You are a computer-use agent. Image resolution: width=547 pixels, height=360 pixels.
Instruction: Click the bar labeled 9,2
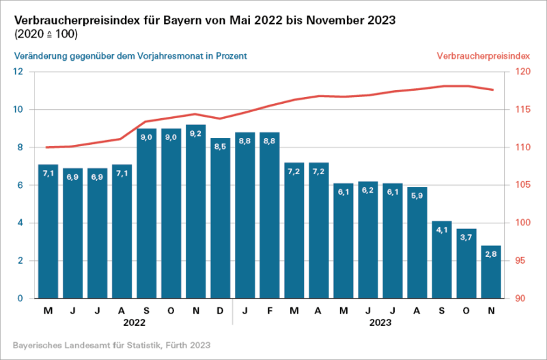195,212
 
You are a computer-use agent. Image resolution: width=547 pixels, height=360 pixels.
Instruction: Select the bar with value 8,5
220,219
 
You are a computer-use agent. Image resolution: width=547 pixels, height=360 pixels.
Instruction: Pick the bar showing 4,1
441,260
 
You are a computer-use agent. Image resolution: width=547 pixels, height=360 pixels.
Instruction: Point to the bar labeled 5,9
417,243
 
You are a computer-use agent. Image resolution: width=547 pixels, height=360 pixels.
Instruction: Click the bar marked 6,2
367,240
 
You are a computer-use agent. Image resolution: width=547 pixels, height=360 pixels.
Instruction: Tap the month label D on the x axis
220,311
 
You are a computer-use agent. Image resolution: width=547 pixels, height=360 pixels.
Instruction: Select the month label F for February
269,311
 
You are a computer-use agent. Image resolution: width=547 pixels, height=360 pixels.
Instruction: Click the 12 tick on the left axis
18,72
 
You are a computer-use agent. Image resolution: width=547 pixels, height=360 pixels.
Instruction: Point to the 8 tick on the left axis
20,148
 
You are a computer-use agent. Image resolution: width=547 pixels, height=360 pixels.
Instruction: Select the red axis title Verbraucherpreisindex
483,55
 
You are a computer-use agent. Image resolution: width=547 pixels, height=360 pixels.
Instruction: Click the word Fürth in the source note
169,345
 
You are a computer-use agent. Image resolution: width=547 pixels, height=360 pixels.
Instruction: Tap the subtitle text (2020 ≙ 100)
45,33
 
